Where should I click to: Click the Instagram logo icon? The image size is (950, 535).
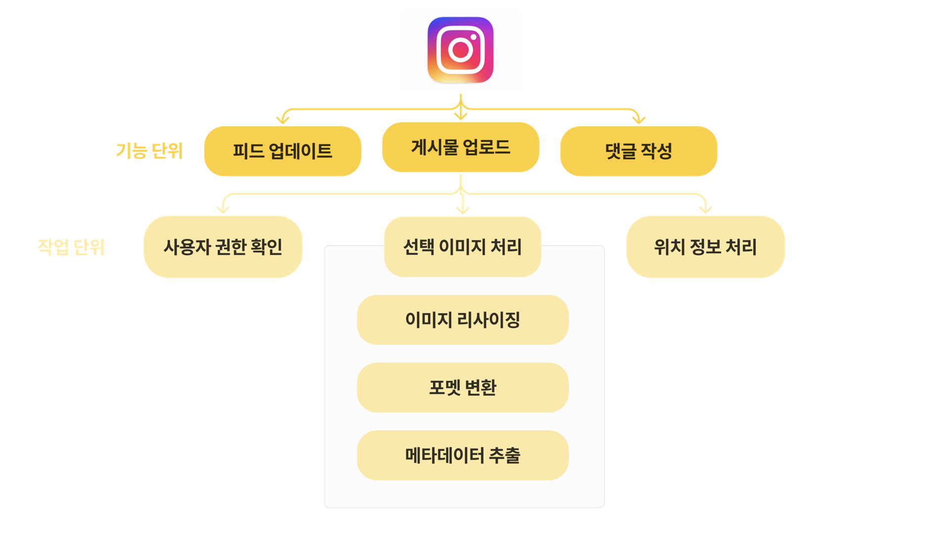(460, 50)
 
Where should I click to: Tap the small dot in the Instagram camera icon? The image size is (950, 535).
(474, 37)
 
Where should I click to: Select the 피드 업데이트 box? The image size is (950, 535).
(283, 151)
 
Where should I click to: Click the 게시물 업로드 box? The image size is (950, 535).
(461, 147)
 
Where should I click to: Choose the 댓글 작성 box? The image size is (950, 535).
(638, 151)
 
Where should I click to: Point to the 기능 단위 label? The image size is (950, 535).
(149, 151)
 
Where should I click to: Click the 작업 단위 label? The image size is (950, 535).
(71, 247)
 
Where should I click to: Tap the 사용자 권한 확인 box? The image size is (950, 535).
(223, 247)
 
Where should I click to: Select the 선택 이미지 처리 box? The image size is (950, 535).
(462, 247)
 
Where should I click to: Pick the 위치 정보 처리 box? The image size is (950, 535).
(705, 247)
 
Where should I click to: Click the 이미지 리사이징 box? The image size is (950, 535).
(463, 320)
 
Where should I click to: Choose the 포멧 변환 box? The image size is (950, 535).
(463, 387)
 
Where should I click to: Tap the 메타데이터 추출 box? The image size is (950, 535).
(463, 455)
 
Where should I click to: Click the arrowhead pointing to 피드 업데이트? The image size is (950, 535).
(283, 120)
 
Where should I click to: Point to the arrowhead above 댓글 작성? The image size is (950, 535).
(639, 120)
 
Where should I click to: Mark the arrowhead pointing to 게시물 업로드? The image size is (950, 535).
(461, 116)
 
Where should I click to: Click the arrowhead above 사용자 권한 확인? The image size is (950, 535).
(223, 210)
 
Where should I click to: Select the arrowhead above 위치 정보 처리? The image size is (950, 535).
(706, 210)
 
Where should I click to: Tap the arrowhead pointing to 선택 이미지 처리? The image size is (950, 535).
(463, 211)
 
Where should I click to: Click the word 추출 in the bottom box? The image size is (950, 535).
(505, 455)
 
